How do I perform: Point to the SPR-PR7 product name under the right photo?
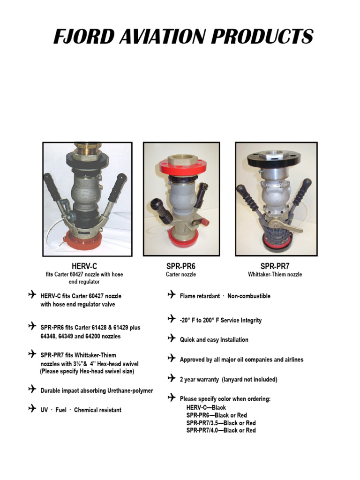(x=275, y=266)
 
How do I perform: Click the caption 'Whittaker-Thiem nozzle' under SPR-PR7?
(x=275, y=275)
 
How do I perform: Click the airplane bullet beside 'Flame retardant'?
(x=172, y=295)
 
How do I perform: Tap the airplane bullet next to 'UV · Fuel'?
(x=32, y=409)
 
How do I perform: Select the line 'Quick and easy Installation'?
(x=214, y=340)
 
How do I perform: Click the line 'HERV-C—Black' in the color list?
(x=206, y=408)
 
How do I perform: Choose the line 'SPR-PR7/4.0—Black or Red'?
(x=221, y=430)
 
